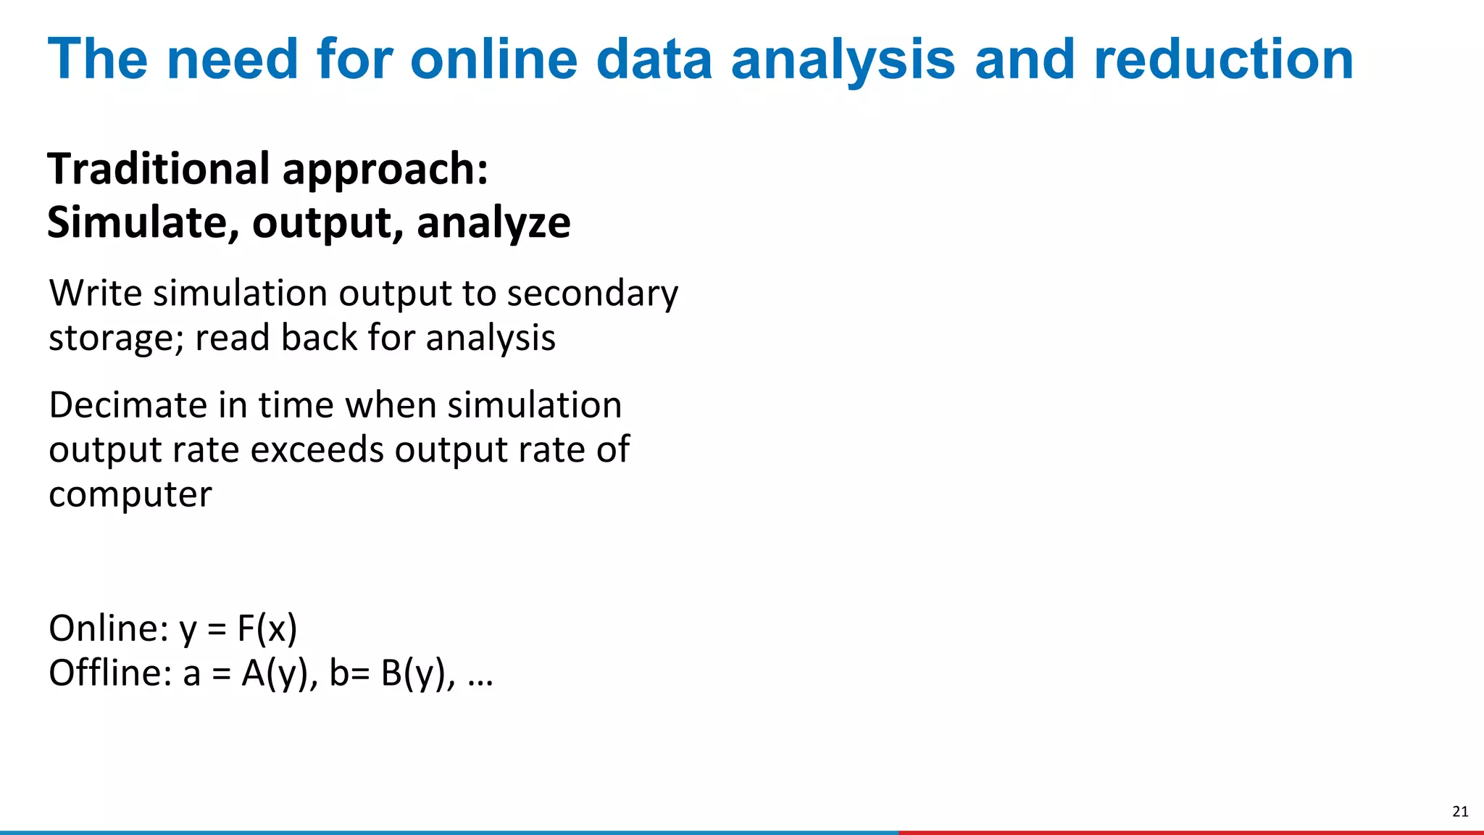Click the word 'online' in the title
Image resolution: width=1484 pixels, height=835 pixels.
point(493,59)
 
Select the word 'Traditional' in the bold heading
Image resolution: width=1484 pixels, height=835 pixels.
point(159,169)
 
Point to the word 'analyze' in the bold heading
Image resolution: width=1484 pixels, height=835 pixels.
point(493,223)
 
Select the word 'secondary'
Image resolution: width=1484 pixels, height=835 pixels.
point(592,295)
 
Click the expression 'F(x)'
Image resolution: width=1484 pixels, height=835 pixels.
point(267,629)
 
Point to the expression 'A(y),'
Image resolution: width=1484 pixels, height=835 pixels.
point(280,674)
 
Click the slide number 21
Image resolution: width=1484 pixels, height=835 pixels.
point(1460,812)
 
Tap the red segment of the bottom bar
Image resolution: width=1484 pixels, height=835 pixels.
point(1188,832)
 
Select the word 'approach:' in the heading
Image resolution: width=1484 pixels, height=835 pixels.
point(385,170)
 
